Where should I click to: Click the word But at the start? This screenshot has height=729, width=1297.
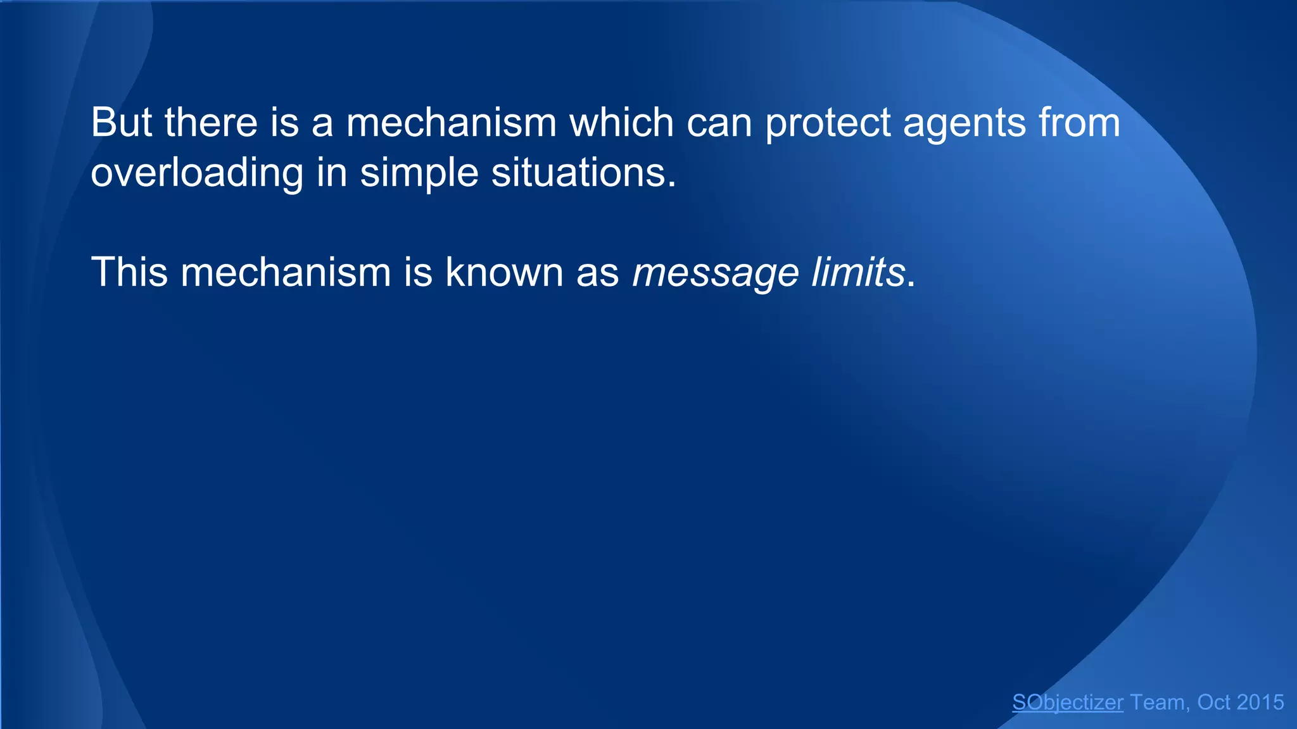[121, 122]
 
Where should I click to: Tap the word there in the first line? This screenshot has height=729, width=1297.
[211, 122]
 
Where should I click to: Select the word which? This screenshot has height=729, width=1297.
[621, 122]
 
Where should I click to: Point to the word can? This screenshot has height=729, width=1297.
[719, 122]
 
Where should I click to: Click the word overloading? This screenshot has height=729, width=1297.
[197, 173]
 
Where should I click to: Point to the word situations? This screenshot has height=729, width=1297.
[583, 173]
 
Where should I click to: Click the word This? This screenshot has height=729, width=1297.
[130, 273]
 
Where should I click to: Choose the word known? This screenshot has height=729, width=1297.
[504, 273]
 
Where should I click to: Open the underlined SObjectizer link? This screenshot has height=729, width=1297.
[1068, 702]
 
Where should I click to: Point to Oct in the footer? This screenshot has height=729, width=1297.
[1213, 702]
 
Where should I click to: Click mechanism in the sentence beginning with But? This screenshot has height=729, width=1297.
[451, 122]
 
